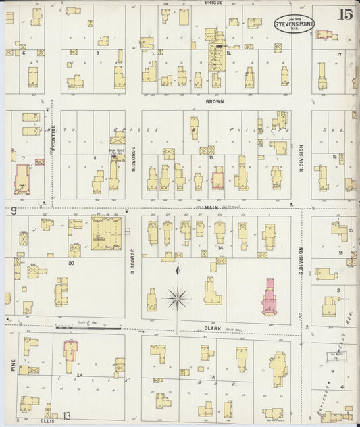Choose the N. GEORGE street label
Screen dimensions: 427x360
(133, 161)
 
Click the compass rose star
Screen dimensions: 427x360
(178, 295)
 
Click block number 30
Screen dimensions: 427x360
(70, 263)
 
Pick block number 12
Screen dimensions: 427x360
(229, 52)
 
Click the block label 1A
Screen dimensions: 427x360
(211, 376)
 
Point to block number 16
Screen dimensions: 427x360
(334, 157)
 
